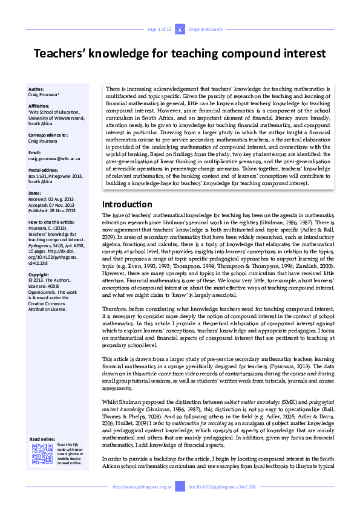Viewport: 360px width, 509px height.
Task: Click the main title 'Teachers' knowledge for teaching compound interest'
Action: (x=180, y=54)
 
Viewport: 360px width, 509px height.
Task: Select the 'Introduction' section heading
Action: (x=127, y=204)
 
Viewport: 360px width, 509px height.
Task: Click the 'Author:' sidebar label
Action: (x=37, y=88)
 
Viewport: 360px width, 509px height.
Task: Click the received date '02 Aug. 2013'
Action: (x=65, y=199)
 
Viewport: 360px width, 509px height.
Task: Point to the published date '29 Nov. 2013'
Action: (x=65, y=210)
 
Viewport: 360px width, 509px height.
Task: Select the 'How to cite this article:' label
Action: (x=53, y=222)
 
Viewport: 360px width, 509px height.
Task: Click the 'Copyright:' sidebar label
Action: (x=40, y=274)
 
